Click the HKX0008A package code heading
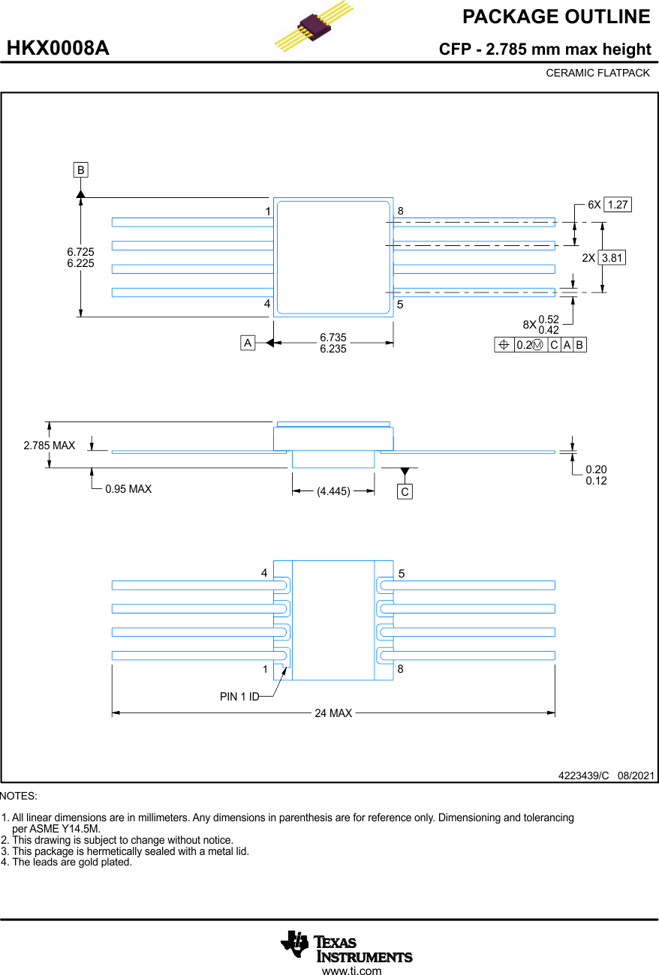(58, 49)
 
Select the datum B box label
(80, 169)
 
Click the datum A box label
(247, 343)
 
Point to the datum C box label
(405, 492)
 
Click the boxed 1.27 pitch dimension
(617, 205)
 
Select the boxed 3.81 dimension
(612, 257)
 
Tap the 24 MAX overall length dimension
(333, 713)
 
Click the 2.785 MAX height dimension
(49, 445)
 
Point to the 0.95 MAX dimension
(128, 489)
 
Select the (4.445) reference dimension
(333, 491)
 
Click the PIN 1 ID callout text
(239, 697)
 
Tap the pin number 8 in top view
(401, 211)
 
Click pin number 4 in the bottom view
(264, 573)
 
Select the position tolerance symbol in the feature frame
(504, 345)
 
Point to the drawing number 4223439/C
(583, 775)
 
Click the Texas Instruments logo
(346, 945)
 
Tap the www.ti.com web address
(351, 970)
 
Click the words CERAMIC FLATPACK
(597, 73)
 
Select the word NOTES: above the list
(19, 796)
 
